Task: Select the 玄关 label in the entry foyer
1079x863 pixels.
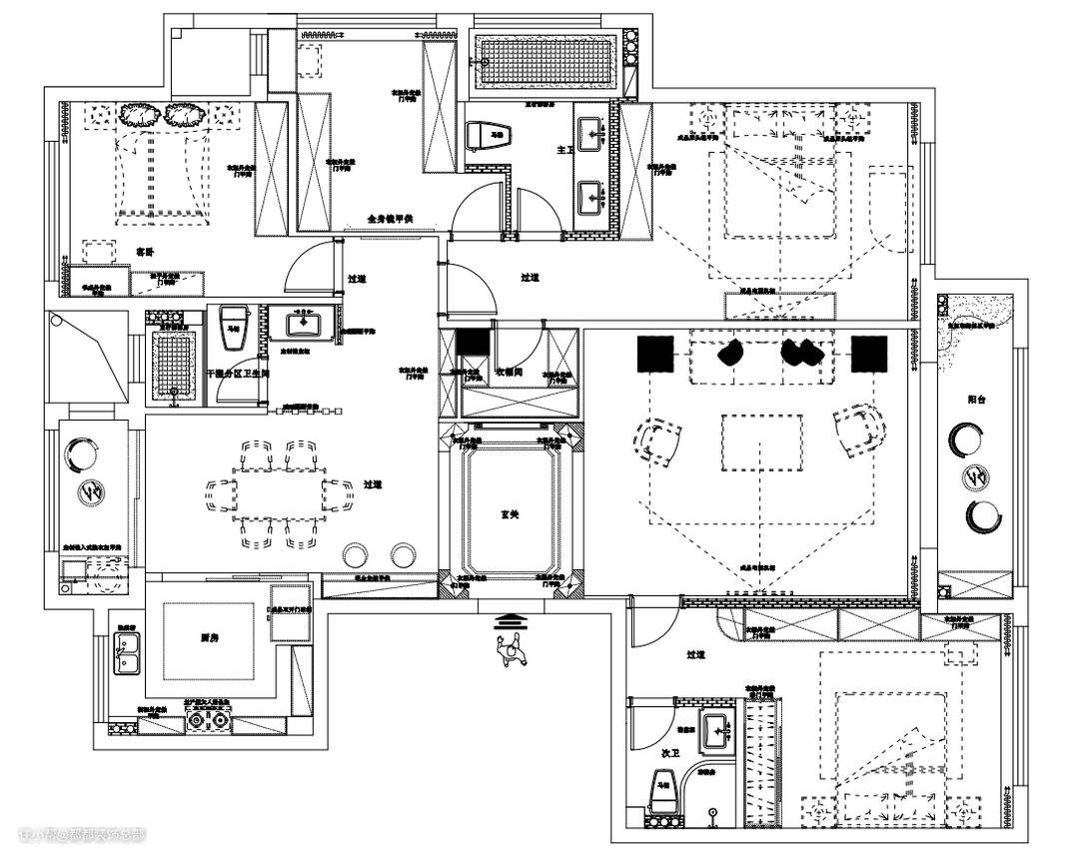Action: point(510,515)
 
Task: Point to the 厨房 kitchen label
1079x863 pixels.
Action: point(209,636)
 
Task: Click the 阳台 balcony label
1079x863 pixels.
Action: point(978,398)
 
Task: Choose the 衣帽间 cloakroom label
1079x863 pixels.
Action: point(511,372)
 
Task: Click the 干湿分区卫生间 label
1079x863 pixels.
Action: point(238,373)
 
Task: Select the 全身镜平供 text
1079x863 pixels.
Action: point(391,218)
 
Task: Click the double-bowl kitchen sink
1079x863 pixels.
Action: point(127,654)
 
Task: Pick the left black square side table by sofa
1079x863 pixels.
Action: point(655,353)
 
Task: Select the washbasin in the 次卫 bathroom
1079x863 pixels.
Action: point(716,729)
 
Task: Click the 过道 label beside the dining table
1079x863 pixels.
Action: point(373,483)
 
